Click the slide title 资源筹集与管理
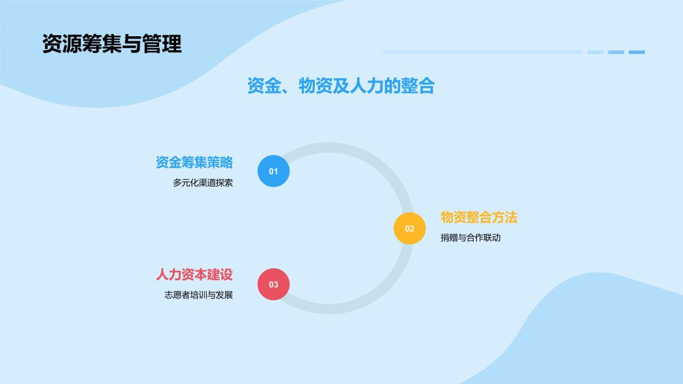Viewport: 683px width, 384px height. [x=112, y=44]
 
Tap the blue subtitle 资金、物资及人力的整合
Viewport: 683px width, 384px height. [x=341, y=86]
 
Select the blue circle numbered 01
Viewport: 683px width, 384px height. [x=274, y=171]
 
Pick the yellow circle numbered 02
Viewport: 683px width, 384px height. [x=409, y=228]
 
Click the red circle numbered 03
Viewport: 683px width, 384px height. [x=274, y=284]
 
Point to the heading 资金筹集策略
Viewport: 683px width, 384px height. [x=194, y=162]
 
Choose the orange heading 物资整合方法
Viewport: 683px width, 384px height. [x=479, y=217]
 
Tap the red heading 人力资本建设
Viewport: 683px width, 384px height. [x=194, y=274]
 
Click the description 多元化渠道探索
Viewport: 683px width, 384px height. [x=203, y=183]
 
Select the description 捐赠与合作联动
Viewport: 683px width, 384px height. [x=471, y=238]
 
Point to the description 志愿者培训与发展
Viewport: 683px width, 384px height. [x=198, y=295]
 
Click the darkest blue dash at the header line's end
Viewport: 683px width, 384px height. [x=637, y=52]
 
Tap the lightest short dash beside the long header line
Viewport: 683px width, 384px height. [x=595, y=52]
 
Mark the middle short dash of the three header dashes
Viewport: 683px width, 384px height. [x=616, y=52]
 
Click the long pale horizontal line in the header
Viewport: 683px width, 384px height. [x=483, y=52]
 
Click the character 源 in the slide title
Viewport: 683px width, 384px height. [x=72, y=44]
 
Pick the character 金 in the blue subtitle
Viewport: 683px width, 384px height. [x=272, y=86]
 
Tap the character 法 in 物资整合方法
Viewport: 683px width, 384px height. [x=511, y=217]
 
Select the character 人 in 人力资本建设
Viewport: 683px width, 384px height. [x=162, y=274]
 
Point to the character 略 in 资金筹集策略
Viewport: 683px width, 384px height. [x=227, y=162]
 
